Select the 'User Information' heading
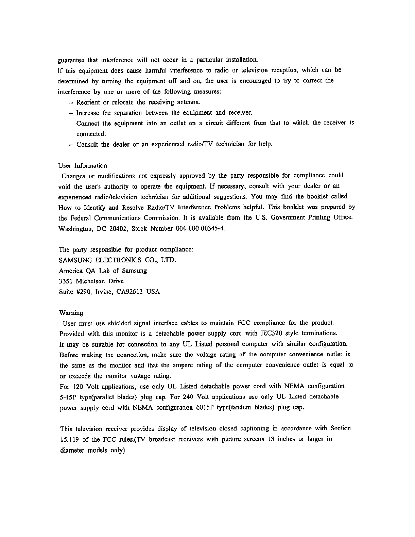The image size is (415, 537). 83,166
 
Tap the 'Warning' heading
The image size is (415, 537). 71,312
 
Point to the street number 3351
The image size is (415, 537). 66,281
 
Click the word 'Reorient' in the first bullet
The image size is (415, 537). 88,102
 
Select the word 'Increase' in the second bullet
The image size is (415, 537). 88,113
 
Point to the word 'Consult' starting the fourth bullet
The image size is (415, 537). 87,144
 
